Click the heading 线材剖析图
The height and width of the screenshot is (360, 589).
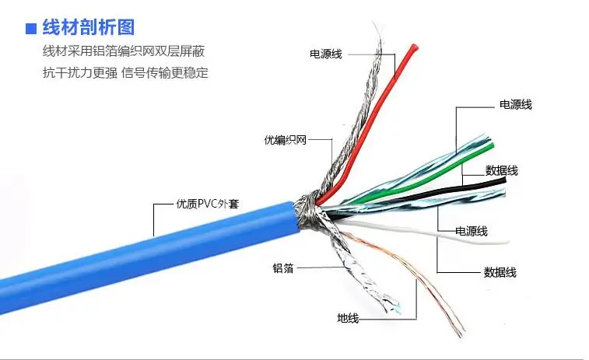coord(88,28)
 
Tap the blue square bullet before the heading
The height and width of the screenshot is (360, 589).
coord(31,30)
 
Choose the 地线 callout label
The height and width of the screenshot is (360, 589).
coord(348,318)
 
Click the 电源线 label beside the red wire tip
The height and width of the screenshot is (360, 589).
coord(326,54)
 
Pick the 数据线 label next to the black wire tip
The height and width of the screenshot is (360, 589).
coord(501,170)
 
